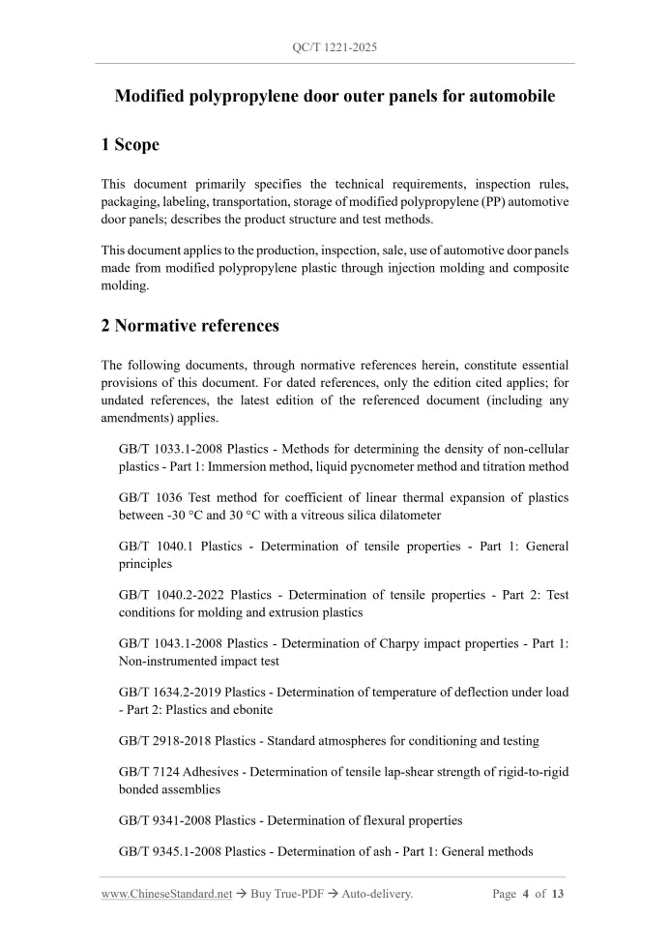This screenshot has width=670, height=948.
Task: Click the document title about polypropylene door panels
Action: point(335,97)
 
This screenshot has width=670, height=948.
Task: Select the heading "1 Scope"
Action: point(130,145)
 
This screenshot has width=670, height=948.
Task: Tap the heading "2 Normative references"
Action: point(189,326)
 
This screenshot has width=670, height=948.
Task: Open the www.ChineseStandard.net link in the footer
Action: point(166,894)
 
